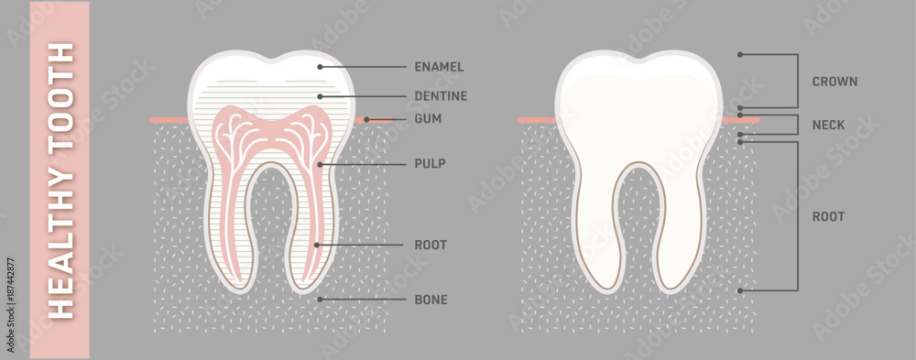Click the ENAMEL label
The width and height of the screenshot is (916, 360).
439,67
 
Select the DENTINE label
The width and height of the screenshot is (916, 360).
441,95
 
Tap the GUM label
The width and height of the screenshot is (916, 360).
428,119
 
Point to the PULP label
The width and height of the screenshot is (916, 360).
431,164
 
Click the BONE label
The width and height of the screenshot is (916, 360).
431,300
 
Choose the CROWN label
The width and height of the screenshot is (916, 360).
834,82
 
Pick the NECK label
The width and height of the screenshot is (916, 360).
828,125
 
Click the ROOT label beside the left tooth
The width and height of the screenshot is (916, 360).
431,245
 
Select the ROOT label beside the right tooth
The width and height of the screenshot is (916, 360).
828,217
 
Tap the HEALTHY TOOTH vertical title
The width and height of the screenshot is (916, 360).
60,180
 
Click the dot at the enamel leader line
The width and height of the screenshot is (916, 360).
319,67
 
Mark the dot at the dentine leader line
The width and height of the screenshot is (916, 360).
319,95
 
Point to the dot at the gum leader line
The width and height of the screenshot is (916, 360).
366,119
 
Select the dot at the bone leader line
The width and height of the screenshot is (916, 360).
319,299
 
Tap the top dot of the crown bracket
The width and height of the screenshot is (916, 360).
740,55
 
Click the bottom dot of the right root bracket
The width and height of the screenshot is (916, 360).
740,290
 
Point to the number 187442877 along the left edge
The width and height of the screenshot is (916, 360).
10,290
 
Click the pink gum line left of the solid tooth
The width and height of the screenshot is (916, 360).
537,120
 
